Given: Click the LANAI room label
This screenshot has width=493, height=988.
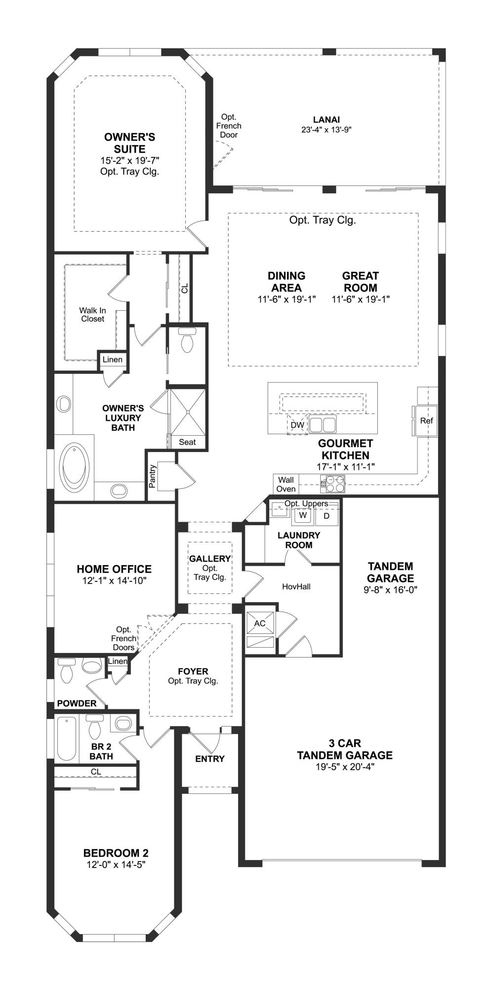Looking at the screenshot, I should (326, 120).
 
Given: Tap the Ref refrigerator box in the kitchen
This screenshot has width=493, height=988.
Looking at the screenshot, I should (426, 421).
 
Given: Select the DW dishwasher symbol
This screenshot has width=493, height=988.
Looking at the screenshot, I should (297, 425).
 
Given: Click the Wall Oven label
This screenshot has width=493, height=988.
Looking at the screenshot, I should (286, 484).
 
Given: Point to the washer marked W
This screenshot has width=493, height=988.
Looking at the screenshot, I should (304, 515).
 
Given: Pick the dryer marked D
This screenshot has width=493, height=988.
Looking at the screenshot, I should (327, 516).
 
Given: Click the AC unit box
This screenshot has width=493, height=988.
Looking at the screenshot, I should (260, 623).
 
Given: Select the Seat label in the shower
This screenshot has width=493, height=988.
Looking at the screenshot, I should (187, 442).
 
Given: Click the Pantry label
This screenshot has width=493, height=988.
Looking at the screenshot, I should (153, 476).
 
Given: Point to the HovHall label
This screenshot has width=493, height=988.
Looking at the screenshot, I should (296, 586).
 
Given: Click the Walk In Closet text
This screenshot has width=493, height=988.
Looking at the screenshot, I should (92, 315).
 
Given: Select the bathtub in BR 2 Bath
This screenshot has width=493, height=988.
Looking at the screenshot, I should (66, 739).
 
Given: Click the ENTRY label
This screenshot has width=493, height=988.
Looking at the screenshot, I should (210, 759).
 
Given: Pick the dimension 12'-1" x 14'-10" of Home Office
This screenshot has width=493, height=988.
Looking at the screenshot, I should (114, 581).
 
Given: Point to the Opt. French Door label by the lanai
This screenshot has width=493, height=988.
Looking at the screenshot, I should (229, 125).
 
